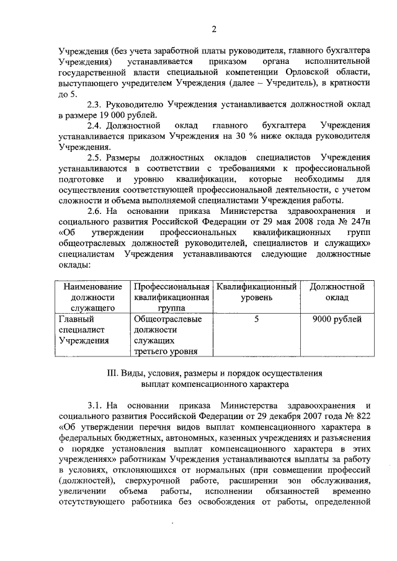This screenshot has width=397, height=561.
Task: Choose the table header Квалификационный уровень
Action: click(x=256, y=291)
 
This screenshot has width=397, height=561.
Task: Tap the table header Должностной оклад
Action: click(x=337, y=291)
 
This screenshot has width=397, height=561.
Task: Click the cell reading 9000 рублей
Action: click(x=337, y=319)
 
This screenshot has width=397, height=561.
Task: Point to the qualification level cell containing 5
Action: click(x=256, y=319)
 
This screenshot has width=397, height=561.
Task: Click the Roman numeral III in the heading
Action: click(x=112, y=374)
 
